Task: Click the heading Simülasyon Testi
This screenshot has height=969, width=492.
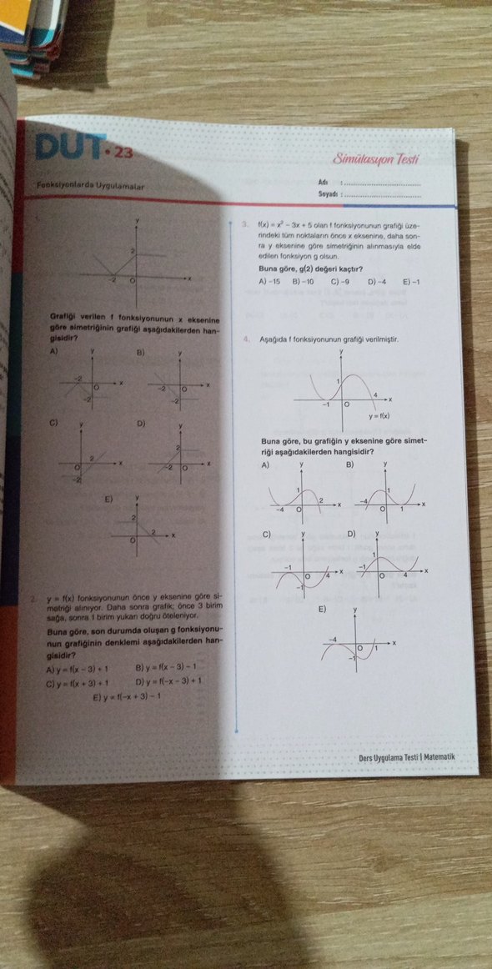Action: (377, 158)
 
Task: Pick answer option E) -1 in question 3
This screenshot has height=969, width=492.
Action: (411, 281)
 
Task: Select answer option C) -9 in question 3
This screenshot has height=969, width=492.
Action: (339, 281)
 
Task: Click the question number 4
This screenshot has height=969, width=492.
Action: (247, 340)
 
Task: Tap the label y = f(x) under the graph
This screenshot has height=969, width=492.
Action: (379, 416)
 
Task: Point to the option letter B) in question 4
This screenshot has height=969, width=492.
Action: (350, 464)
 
